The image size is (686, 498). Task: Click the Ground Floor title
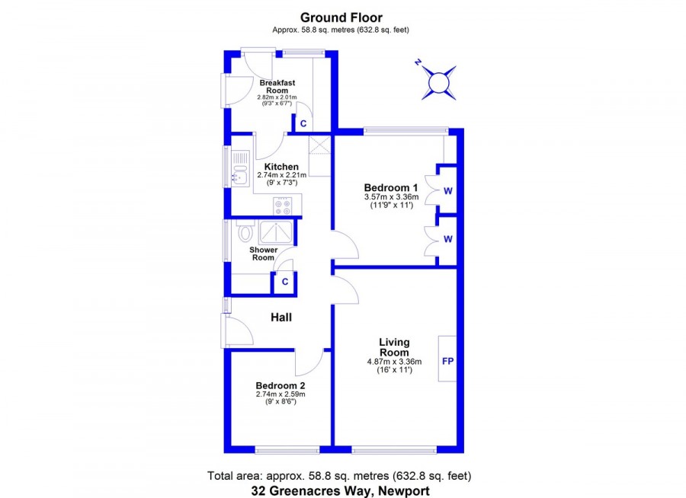click(341, 18)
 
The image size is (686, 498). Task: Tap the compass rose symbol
click(438, 82)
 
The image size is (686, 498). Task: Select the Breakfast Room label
click(277, 87)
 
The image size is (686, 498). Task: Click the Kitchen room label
click(281, 167)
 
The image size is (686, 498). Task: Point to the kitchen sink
click(240, 169)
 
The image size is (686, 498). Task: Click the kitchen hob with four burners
click(282, 206)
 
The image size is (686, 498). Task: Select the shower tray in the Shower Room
click(276, 232)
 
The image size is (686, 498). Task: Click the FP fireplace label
click(448, 361)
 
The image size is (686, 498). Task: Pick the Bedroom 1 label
click(391, 188)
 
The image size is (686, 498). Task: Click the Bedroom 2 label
click(280, 385)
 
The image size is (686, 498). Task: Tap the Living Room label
click(394, 347)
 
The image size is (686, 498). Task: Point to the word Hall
click(281, 318)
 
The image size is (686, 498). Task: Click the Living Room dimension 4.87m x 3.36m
click(394, 362)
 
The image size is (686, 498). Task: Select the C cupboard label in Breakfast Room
click(303, 123)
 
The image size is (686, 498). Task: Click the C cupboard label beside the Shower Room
click(285, 282)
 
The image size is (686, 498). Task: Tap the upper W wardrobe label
click(448, 191)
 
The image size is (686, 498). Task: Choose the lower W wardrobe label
click(448, 239)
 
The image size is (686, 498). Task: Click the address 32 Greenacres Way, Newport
click(341, 491)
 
